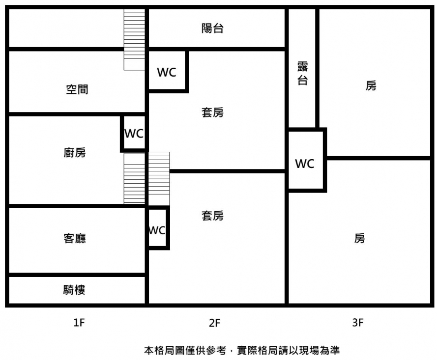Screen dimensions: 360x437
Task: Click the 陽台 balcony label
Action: (212, 28)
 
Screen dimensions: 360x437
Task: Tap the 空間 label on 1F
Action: (77, 89)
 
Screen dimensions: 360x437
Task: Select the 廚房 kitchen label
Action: (75, 153)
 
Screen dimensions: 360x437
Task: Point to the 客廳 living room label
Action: (75, 239)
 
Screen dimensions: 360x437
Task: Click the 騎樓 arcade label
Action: (74, 290)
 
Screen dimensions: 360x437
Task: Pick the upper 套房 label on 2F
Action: (212, 112)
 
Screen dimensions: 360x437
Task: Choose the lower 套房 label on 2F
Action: (212, 215)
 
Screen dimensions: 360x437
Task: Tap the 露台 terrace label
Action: (302, 74)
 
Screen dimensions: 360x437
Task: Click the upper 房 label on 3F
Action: (371, 85)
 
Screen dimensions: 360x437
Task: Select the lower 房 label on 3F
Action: (360, 239)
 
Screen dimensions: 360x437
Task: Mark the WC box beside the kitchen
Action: (134, 133)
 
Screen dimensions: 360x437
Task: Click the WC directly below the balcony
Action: (167, 72)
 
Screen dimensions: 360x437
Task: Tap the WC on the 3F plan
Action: (305, 164)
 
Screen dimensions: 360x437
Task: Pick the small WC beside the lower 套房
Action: (157, 230)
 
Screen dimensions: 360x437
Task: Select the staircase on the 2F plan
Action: (159, 178)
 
